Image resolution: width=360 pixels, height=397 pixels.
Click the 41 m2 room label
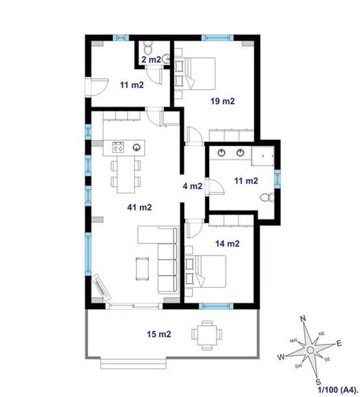(x=139, y=207)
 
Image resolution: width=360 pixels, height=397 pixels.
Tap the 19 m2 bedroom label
(x=223, y=101)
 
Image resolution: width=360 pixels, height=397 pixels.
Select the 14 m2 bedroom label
(x=227, y=243)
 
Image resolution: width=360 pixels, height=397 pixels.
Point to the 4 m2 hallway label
(x=192, y=186)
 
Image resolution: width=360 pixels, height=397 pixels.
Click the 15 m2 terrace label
(x=159, y=334)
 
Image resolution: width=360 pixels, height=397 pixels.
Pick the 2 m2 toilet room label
(x=151, y=60)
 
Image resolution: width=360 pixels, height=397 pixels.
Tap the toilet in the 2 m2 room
(x=147, y=48)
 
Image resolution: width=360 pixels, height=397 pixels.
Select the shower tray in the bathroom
(x=263, y=156)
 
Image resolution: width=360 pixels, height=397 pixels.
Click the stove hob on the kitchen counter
(x=118, y=147)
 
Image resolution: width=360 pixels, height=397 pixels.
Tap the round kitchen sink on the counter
(x=137, y=147)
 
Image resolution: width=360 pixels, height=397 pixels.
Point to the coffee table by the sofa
(x=142, y=269)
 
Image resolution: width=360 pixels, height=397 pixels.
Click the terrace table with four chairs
(x=207, y=335)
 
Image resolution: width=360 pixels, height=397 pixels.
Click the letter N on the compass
(x=303, y=318)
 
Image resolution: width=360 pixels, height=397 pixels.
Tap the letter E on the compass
(x=339, y=343)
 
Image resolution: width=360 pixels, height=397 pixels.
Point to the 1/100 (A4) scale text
(x=338, y=389)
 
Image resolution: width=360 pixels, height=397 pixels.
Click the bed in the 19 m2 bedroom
(x=195, y=73)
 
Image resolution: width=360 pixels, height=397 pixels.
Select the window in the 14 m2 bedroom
(x=216, y=306)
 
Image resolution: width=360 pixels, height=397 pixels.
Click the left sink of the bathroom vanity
(x=222, y=152)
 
